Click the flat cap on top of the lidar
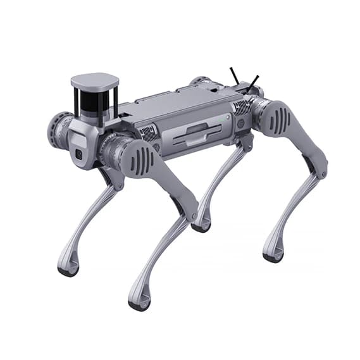coord(95,80)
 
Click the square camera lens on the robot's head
coord(79,154)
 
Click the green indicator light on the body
coord(221,118)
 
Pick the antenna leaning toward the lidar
coord(233,75)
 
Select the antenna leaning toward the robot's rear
coord(253,81)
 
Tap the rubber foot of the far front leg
coord(68,269)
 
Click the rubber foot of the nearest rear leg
coord(273,256)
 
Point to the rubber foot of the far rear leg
coord(201,227)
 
